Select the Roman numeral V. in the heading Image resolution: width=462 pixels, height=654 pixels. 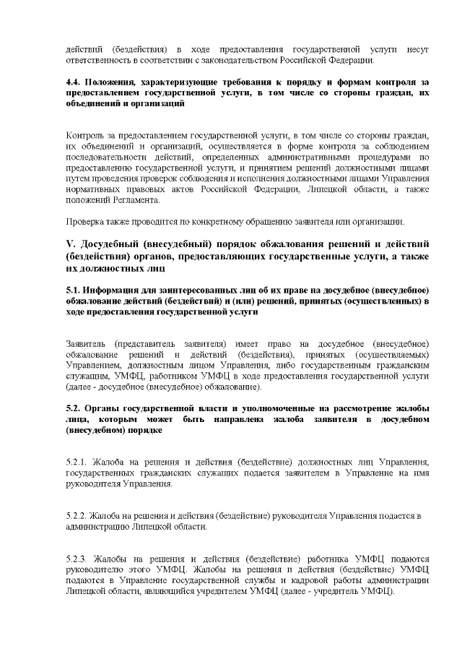[70, 241]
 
